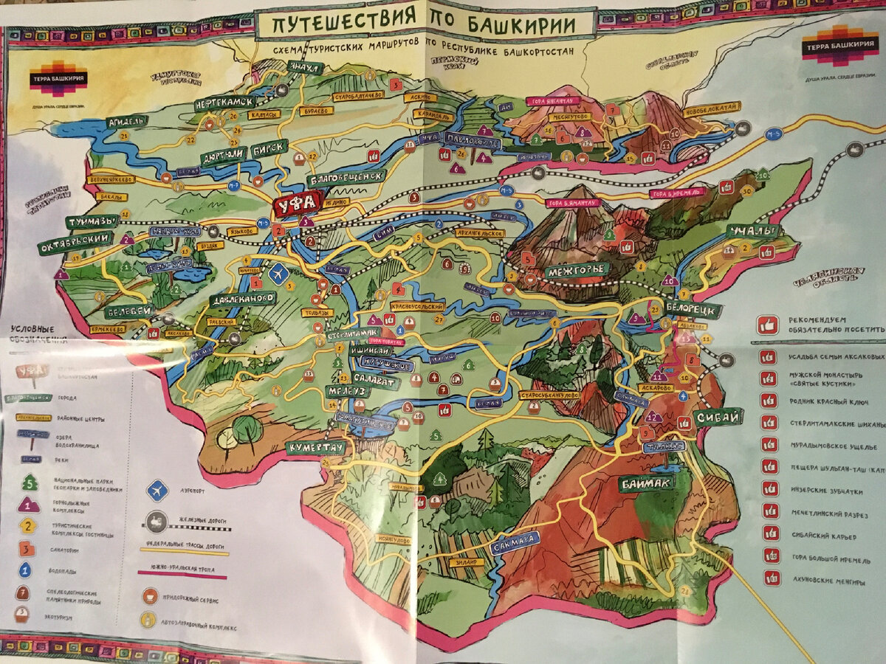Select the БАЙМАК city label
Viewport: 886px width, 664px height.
[646, 483]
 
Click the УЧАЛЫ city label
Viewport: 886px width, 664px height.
[752, 232]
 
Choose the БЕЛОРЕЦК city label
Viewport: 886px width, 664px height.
[693, 308]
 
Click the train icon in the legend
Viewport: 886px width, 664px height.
[157, 521]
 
